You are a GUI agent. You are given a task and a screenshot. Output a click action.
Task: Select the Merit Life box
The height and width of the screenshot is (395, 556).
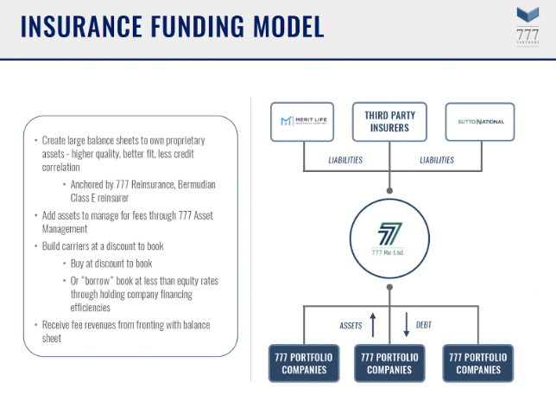coord(301,122)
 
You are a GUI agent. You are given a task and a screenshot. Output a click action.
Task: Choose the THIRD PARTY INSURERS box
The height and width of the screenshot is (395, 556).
coord(390,122)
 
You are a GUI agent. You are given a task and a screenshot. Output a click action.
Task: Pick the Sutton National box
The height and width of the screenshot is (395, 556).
coord(479,122)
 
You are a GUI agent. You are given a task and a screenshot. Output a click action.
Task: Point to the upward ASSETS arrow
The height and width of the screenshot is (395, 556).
coord(373,325)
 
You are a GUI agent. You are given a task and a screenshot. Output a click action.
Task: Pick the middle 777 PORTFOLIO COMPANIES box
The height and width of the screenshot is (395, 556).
coord(389,362)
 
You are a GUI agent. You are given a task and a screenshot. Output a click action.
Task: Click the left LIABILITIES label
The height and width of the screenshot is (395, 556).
coord(344,160)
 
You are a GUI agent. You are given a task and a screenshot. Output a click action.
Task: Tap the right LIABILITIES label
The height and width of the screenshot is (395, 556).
coord(436,160)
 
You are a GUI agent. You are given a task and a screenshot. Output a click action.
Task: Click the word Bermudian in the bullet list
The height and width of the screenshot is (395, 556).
coord(186,183)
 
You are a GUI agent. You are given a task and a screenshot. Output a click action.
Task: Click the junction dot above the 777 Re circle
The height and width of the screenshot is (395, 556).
coord(390,188)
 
